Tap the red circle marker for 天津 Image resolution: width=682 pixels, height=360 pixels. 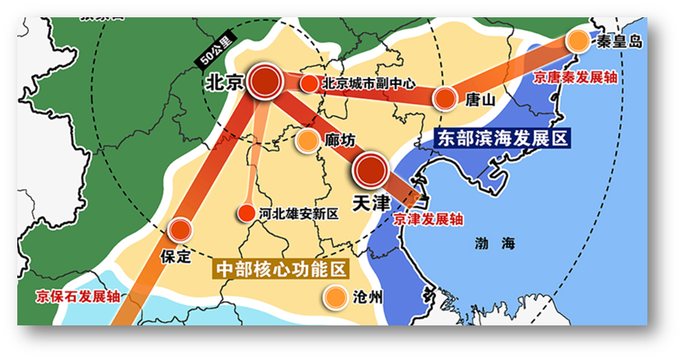point(370,171)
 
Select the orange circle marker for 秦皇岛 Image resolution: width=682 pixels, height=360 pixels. point(579,40)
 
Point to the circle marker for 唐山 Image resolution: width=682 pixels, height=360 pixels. point(445,99)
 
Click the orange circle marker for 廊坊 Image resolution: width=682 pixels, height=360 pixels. point(306,141)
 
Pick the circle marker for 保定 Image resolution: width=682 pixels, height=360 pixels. point(180,230)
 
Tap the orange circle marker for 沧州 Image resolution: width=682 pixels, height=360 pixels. point(334,297)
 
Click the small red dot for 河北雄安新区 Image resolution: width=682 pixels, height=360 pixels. point(245,213)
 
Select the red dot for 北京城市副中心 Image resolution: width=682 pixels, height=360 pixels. point(309,83)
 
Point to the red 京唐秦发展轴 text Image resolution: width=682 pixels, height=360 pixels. point(575,77)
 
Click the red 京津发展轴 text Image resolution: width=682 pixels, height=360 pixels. point(427,220)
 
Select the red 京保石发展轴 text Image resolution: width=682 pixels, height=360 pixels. point(78,297)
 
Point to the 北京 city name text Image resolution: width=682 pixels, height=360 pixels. point(224,83)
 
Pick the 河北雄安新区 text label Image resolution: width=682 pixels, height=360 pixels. point(298,214)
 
